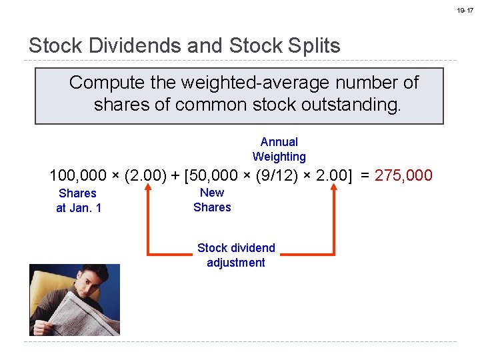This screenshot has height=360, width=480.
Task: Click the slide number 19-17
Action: point(465,11)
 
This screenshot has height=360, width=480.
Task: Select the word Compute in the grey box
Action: point(101,83)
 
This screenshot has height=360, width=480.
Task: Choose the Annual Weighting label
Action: point(279,149)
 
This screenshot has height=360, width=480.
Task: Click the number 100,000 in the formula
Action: point(77,176)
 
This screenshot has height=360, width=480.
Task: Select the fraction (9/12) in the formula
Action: point(273,176)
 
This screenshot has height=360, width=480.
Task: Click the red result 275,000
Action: point(404,176)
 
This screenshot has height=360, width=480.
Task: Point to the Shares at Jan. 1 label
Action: point(78,201)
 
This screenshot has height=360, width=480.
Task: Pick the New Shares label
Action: point(212,200)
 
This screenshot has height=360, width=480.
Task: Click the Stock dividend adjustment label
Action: point(236,255)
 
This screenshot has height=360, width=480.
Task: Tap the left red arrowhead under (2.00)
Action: point(147,191)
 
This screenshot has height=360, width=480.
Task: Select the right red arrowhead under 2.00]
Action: point(334,191)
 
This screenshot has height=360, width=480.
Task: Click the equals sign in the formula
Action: point(363,176)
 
